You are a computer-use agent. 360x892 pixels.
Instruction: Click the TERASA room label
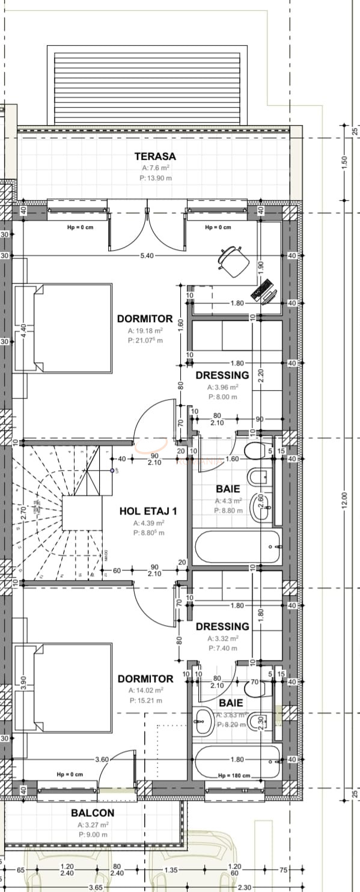click(155, 156)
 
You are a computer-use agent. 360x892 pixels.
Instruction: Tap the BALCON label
click(93, 813)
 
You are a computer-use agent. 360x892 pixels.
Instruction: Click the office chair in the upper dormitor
click(233, 261)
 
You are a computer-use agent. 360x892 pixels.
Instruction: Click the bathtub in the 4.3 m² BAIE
click(237, 546)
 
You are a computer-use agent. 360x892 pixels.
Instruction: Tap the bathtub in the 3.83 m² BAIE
click(237, 761)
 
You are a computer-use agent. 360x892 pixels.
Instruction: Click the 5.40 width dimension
click(147, 255)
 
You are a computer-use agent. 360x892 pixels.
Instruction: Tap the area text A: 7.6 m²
click(155, 168)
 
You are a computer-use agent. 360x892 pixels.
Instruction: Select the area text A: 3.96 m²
click(222, 388)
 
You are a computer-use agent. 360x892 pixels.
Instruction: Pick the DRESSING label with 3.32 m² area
click(222, 626)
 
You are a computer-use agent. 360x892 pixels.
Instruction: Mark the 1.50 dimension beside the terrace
click(344, 163)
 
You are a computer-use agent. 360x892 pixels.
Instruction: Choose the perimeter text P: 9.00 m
click(93, 834)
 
